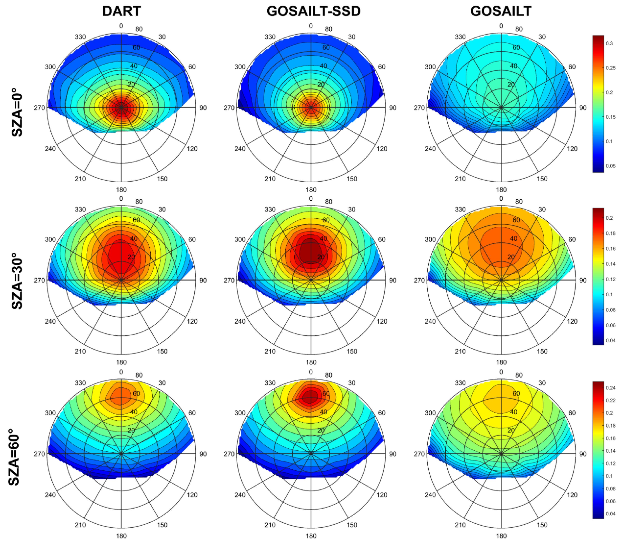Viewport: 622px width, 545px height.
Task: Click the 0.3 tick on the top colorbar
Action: point(609,44)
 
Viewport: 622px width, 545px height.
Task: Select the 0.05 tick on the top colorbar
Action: point(611,166)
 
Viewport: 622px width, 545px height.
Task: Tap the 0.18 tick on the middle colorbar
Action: point(611,233)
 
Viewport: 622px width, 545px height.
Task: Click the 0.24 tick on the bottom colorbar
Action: point(611,388)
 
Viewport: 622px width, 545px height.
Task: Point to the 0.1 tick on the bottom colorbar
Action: point(609,476)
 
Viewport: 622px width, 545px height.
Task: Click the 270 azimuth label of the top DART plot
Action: point(39,108)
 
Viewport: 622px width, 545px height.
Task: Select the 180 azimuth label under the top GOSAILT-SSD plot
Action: point(311,190)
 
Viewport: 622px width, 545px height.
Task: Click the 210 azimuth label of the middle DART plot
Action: point(80,351)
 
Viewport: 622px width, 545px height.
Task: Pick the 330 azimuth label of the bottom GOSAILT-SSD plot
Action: point(270,383)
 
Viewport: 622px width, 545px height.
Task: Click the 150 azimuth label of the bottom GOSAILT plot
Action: point(542,525)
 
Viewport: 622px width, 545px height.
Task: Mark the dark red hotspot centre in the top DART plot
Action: point(121,107)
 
